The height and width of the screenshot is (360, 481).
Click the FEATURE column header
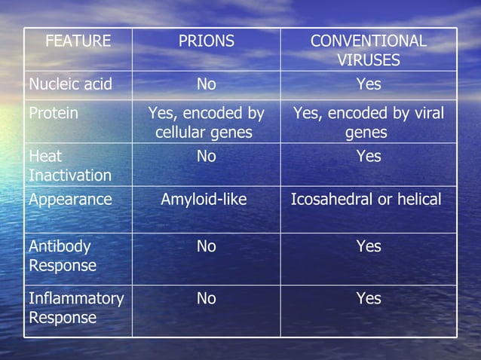78,41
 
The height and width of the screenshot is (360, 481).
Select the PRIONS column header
206,41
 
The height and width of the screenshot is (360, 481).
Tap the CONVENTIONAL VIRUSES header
369,50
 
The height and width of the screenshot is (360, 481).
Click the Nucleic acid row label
70,84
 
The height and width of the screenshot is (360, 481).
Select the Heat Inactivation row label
69,166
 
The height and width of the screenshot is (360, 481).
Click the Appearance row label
70,200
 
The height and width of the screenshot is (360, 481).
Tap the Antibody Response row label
63,256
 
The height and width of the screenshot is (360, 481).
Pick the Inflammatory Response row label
75,308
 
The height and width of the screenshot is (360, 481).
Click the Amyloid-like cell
206,200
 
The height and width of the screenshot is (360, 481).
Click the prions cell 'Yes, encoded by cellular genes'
206,123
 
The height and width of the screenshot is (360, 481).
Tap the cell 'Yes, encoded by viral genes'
369,123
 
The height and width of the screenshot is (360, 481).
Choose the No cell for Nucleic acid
206,84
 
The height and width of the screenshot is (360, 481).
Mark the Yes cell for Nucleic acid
369,84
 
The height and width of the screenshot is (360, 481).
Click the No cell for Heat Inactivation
206,157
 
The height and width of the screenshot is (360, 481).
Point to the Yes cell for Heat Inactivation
369,157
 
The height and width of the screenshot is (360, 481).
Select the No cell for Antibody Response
206,246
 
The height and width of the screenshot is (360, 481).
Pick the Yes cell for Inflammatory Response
369,298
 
